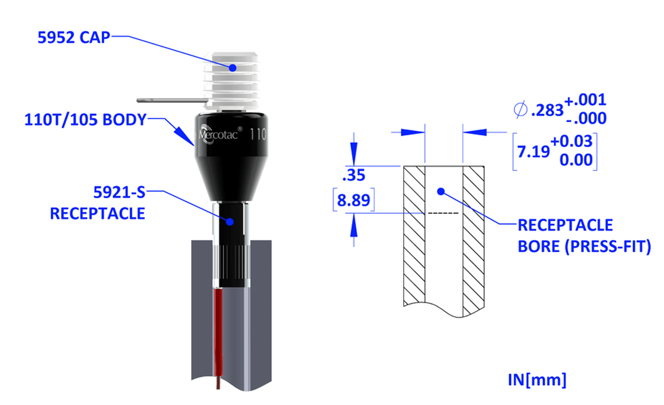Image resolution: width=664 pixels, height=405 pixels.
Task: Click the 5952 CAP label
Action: tap(74, 38)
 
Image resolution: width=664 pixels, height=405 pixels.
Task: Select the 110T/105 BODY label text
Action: tap(85, 120)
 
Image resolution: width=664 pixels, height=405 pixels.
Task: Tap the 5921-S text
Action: tap(119, 192)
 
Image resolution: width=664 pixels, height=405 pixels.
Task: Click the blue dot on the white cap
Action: tap(233, 68)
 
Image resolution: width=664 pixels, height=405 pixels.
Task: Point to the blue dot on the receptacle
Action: tap(230, 222)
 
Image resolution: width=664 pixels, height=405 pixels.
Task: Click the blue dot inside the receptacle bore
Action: tap(441, 192)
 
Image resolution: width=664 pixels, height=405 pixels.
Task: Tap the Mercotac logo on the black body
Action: tap(219, 135)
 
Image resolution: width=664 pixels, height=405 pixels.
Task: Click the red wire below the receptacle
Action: tap(219, 338)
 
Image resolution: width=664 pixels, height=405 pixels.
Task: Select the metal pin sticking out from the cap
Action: tap(172, 101)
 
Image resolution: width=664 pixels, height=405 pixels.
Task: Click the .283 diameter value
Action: tap(547, 111)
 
